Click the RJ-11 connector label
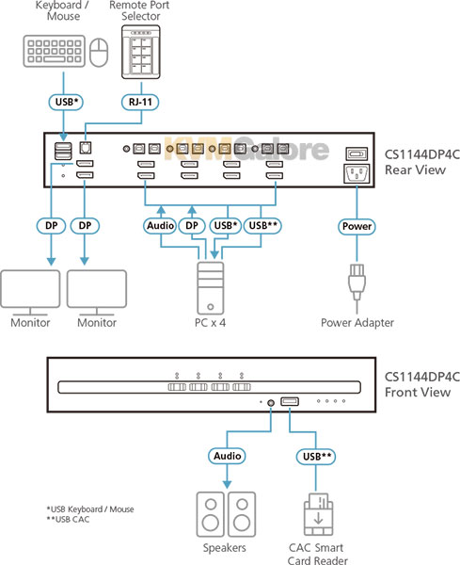point(140,102)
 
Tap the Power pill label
point(357,226)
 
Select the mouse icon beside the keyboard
point(99,53)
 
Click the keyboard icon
point(55,51)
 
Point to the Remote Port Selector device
point(141,52)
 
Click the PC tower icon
point(210,288)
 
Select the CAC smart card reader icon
point(318,514)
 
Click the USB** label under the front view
point(316,457)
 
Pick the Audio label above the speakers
point(227,456)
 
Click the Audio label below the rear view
point(160,226)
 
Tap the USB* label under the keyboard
point(66,102)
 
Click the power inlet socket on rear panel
point(357,173)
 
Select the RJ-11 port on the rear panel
point(86,148)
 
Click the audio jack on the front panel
point(271,403)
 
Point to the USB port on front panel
point(290,401)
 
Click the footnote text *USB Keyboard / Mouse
point(90,509)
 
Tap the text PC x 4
point(210,322)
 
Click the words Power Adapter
point(357,323)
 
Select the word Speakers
point(225,548)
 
